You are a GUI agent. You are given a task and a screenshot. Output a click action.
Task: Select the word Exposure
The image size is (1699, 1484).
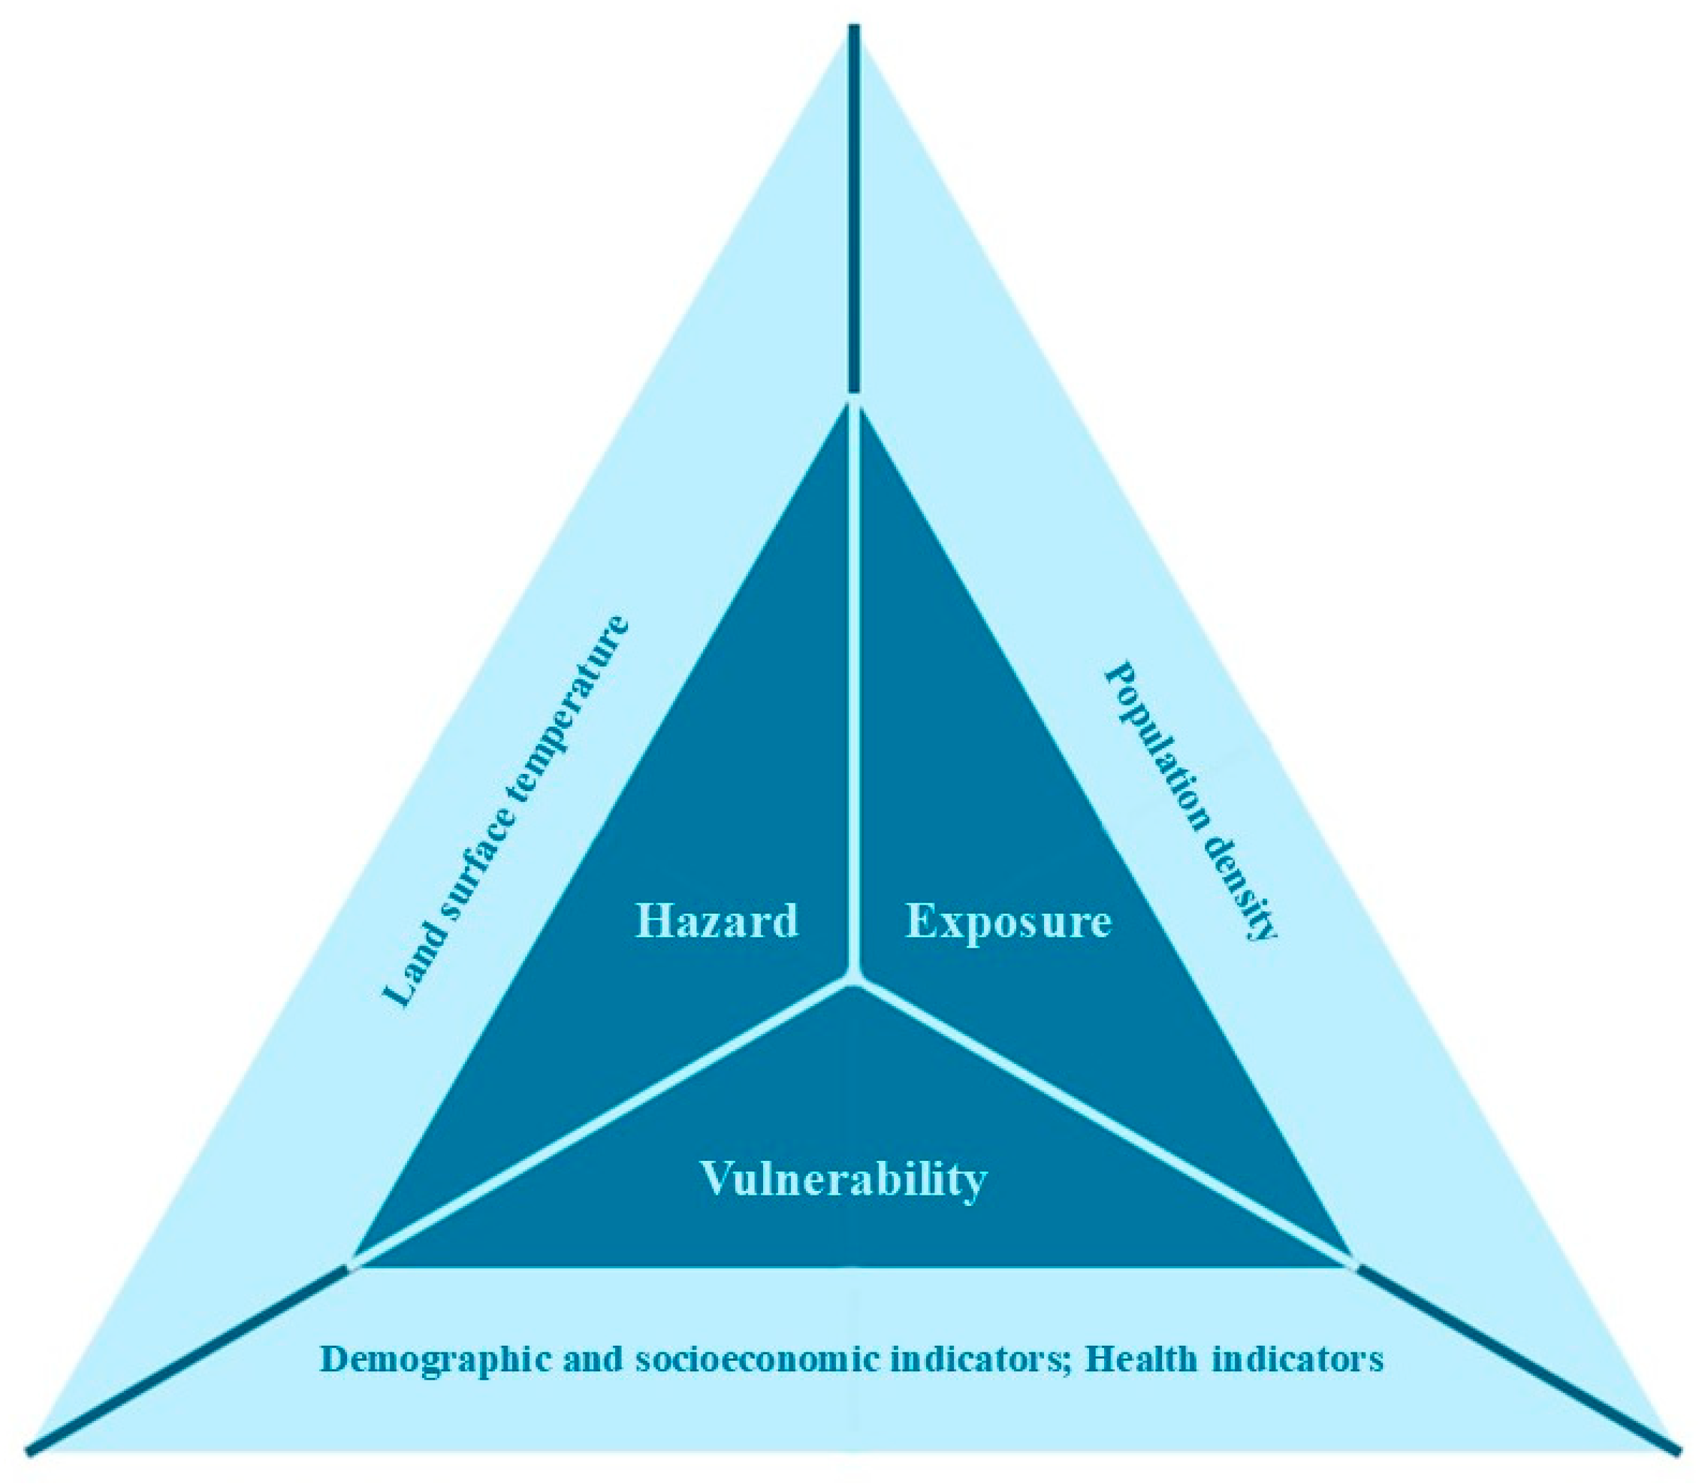coord(1008,921)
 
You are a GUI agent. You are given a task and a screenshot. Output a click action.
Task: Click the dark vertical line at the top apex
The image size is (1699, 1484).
coord(855,207)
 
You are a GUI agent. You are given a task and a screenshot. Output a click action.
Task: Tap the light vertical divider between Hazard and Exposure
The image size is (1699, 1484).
coord(854,688)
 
